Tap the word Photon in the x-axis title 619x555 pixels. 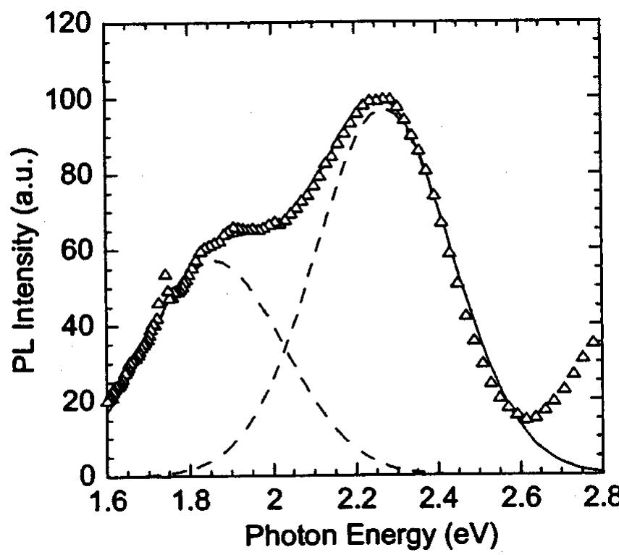tap(290, 537)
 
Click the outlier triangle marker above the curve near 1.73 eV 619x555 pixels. tap(165, 275)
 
